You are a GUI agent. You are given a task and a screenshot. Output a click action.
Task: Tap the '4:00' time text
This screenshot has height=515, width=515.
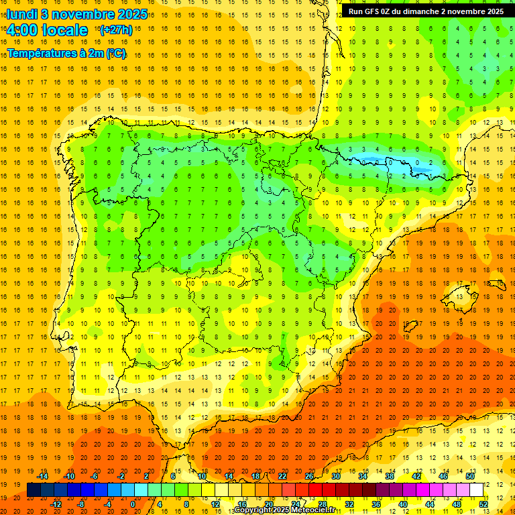coord(25,30)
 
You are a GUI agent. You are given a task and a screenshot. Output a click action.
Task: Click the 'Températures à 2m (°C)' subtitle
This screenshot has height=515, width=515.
coord(66,53)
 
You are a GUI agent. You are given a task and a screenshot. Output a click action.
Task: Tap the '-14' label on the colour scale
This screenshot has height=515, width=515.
coord(43,476)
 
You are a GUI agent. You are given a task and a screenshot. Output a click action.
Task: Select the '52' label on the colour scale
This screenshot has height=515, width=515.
coord(483,504)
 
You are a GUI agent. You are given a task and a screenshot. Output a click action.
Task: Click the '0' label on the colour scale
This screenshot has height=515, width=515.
coord(133,504)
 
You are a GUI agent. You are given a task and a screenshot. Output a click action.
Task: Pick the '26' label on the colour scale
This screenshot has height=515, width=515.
coord(309,476)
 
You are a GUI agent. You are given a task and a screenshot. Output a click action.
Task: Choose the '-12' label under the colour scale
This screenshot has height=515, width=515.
coord(56,504)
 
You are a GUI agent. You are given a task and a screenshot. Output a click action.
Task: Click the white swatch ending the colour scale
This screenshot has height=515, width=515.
coord(476,490)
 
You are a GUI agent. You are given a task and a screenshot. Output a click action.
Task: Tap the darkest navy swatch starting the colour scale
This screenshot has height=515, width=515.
coord(34,490)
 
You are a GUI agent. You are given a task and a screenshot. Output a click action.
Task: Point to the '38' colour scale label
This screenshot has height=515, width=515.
coord(390,476)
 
